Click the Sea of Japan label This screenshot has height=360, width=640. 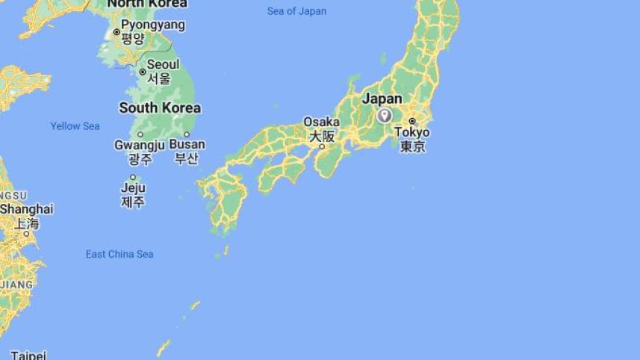[296, 11]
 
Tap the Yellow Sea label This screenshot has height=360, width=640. [75, 126]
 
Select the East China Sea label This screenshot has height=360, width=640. [119, 255]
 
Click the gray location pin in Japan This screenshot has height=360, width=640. [384, 115]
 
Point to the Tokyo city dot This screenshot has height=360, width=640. [411, 121]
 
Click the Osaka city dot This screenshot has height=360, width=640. [322, 147]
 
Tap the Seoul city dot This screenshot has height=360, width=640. [143, 72]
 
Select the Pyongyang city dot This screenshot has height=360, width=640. [116, 32]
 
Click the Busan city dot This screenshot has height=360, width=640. [187, 134]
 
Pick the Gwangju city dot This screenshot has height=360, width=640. [140, 134]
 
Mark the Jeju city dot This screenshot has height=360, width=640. [133, 178]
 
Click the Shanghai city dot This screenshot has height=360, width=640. [26, 234]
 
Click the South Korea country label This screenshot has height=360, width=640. [160, 108]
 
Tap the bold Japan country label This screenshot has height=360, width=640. [382, 99]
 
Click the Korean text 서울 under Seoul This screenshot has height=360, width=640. [159, 78]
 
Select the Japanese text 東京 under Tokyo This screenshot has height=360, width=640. [412, 146]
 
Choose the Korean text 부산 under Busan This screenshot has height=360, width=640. [187, 158]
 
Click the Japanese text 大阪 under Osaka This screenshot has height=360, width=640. [322, 136]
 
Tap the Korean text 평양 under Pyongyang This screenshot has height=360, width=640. [133, 39]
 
